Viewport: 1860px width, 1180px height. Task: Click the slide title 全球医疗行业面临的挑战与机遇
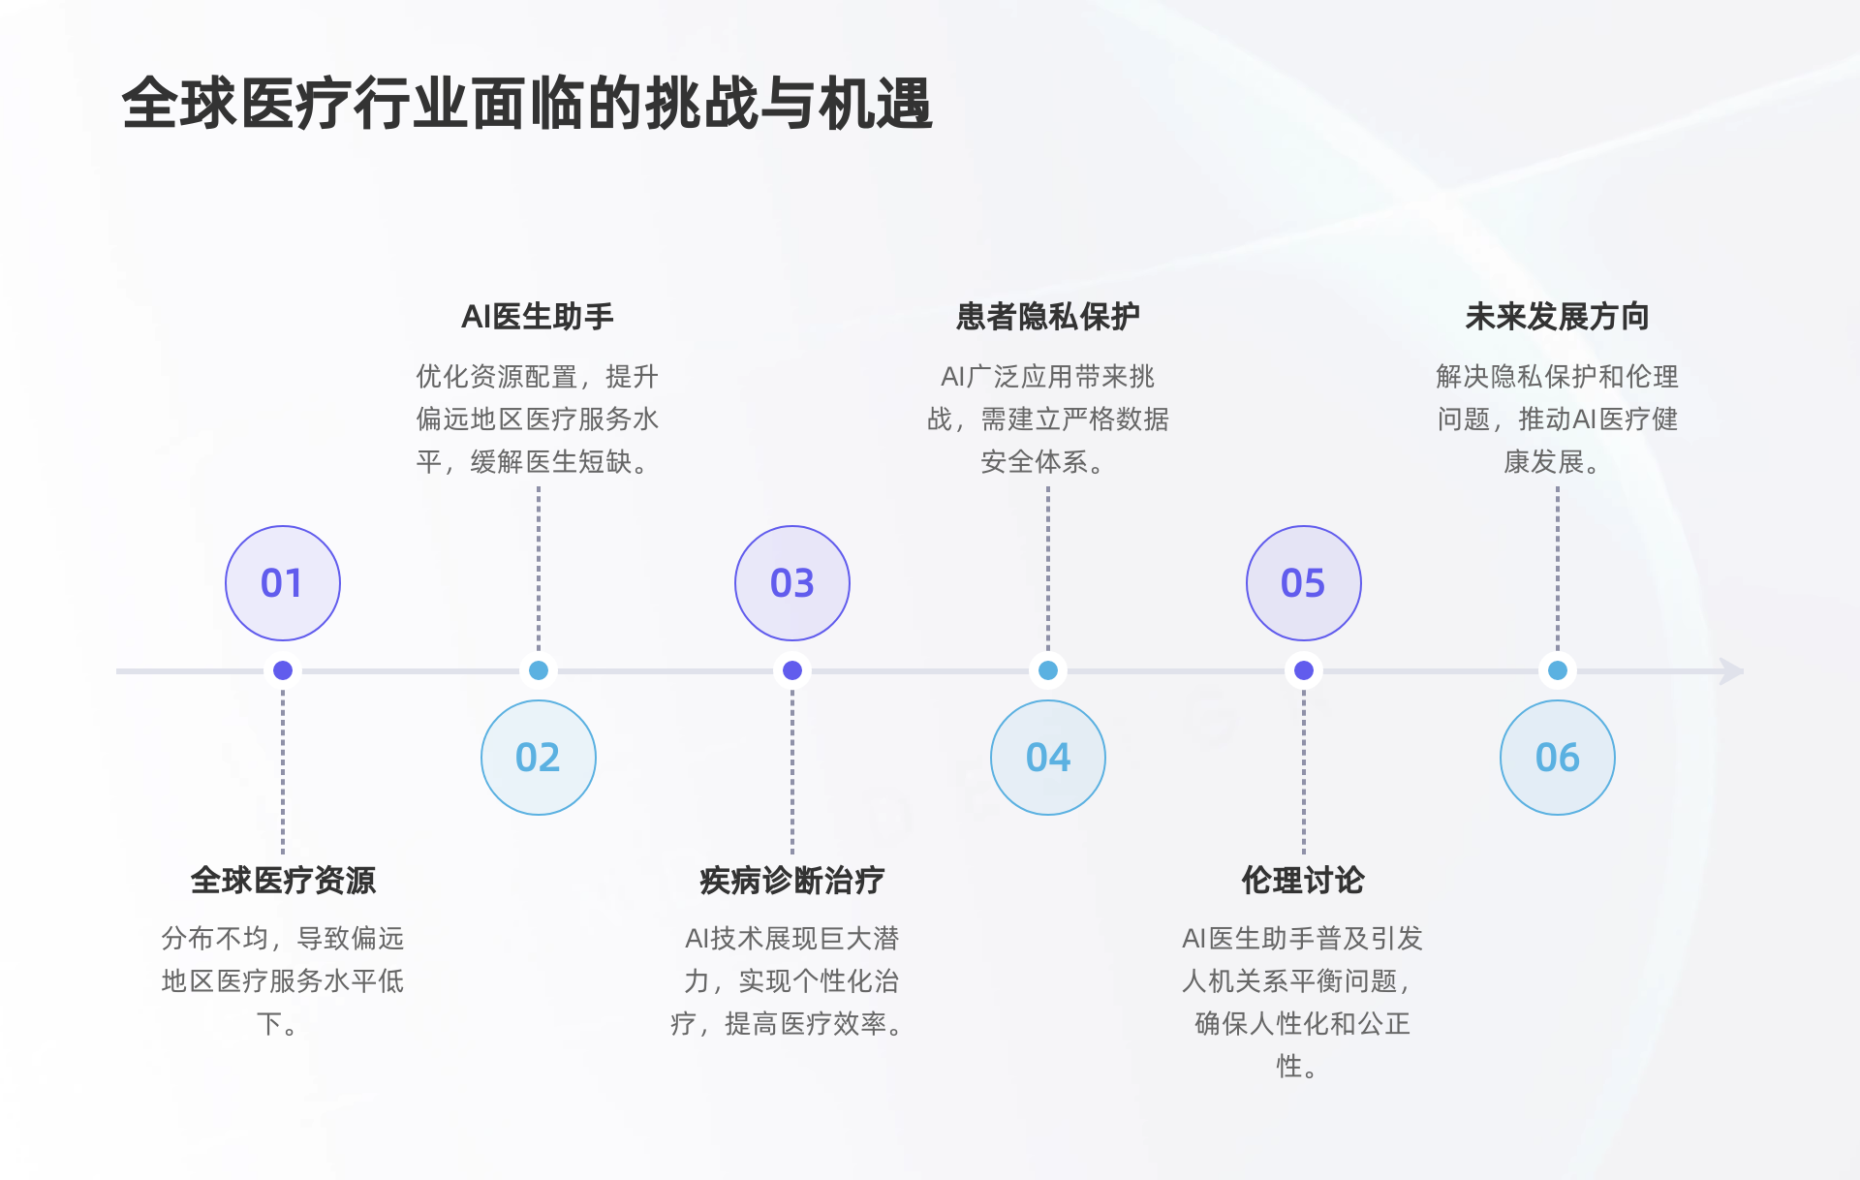pyautogui.click(x=527, y=104)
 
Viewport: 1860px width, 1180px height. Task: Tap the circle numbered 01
pyautogui.click(x=283, y=583)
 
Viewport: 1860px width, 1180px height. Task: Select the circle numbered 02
pyautogui.click(x=539, y=758)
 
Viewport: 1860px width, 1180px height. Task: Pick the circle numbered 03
pyautogui.click(x=792, y=583)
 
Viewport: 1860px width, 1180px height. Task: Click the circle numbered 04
pyautogui.click(x=1048, y=758)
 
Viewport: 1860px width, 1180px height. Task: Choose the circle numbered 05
pyautogui.click(x=1304, y=583)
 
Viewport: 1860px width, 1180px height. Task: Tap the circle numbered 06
pyautogui.click(x=1558, y=758)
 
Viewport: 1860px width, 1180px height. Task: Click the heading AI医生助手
pyautogui.click(x=538, y=317)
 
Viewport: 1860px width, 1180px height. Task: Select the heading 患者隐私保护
pyautogui.click(x=1048, y=317)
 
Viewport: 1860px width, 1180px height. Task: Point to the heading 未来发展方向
pyautogui.click(x=1558, y=317)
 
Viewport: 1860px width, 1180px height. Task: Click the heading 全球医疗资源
pyautogui.click(x=283, y=881)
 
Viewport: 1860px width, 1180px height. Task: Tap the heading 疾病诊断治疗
pyautogui.click(x=792, y=881)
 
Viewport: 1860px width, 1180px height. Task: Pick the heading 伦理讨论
pyautogui.click(x=1303, y=881)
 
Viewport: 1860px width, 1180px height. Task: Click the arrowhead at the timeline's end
pyautogui.click(x=1731, y=670)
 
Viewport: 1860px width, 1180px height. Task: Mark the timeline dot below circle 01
pyautogui.click(x=283, y=670)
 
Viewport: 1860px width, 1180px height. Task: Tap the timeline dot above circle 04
pyautogui.click(x=1048, y=670)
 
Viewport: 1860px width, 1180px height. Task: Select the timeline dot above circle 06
pyautogui.click(x=1558, y=670)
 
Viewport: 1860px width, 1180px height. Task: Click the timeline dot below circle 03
pyautogui.click(x=792, y=670)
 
